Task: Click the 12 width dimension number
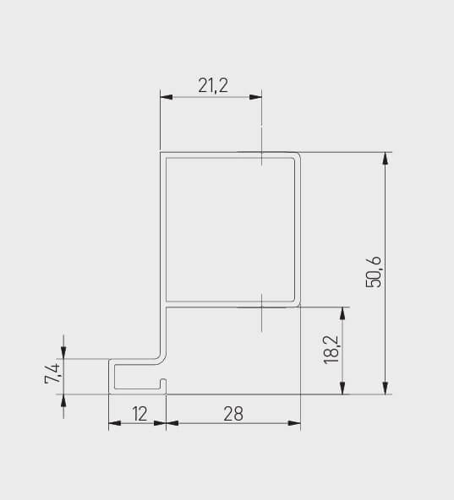click(x=138, y=413)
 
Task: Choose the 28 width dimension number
click(x=233, y=413)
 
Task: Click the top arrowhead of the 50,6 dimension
click(x=386, y=158)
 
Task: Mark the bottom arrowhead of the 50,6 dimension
click(x=386, y=389)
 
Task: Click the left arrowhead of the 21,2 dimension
click(x=167, y=97)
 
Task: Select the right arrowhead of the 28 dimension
click(x=295, y=423)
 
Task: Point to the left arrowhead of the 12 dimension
click(x=114, y=423)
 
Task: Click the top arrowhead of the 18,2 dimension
click(x=342, y=312)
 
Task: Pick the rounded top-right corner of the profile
click(x=298, y=155)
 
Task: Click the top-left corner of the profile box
click(x=162, y=154)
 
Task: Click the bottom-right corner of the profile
click(x=299, y=393)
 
